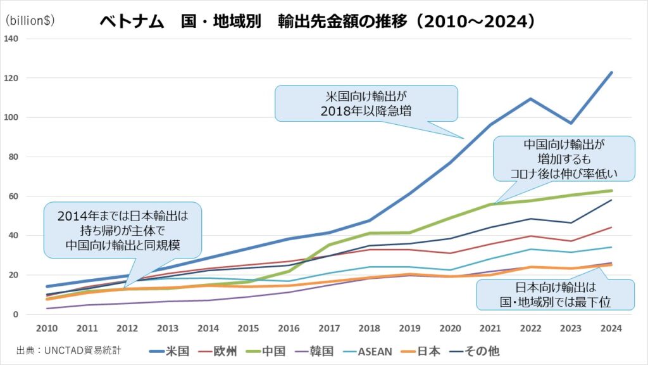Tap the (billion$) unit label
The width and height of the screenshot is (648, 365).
(30, 20)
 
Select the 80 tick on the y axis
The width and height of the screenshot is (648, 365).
(13, 157)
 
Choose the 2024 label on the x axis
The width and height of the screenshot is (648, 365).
(611, 328)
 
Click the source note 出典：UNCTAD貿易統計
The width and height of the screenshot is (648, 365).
(68, 350)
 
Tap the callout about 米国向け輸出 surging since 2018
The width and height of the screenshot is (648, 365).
(365, 103)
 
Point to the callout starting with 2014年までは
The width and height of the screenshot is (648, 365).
(122, 229)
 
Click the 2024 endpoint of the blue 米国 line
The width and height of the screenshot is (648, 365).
(611, 72)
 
